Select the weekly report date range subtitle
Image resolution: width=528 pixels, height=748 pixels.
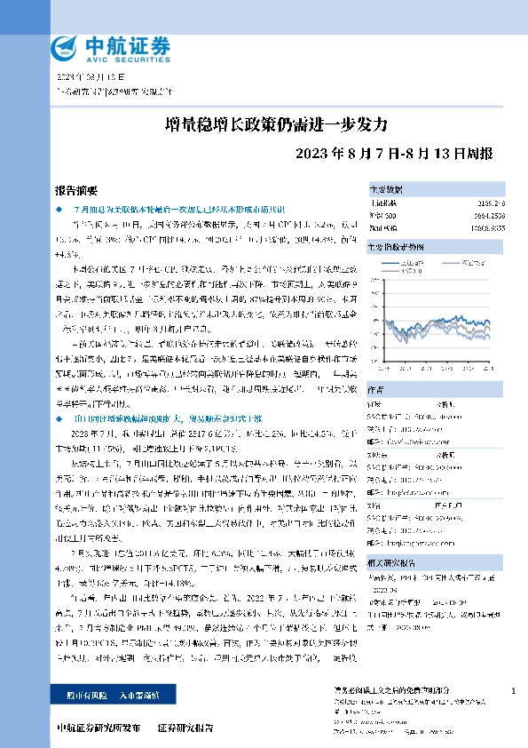(398, 151)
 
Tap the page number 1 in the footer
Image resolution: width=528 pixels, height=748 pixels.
(513, 690)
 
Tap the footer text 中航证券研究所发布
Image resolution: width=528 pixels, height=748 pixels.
(98, 728)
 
